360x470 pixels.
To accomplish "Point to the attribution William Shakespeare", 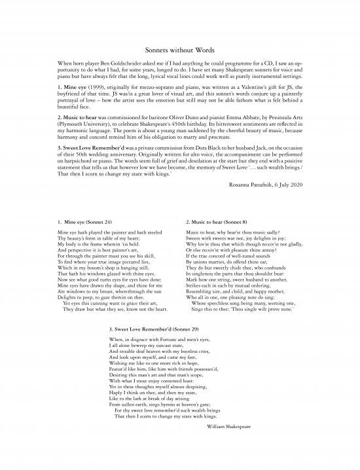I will [226, 425].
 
